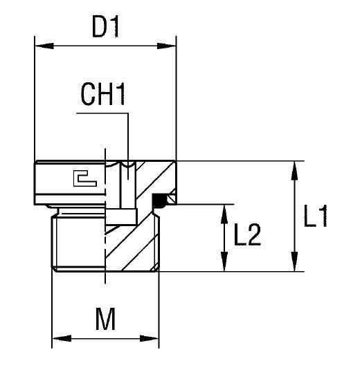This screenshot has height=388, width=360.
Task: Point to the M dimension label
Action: [x=105, y=320]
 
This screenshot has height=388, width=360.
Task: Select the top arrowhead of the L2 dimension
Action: [x=224, y=210]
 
